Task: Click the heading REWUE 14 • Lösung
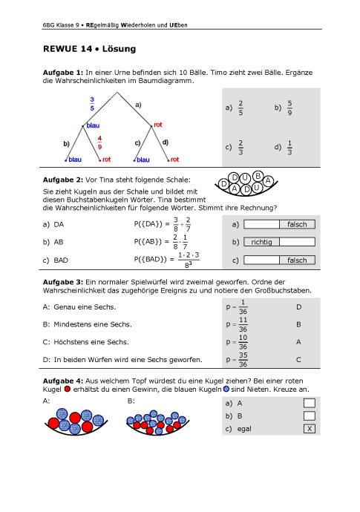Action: click(x=90, y=49)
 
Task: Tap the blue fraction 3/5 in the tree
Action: click(x=92, y=104)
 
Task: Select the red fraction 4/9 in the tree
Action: click(x=99, y=142)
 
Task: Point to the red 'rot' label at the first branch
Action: click(x=158, y=125)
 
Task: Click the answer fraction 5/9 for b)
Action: click(x=289, y=108)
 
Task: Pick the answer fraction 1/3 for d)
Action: click(x=289, y=147)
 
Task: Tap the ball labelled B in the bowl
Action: click(x=258, y=176)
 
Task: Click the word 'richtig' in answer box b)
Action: click(x=261, y=242)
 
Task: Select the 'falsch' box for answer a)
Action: click(x=297, y=224)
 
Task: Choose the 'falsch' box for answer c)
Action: click(x=297, y=260)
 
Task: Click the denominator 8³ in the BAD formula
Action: click(x=189, y=264)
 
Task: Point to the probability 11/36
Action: click(x=243, y=324)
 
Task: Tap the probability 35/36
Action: click(x=243, y=360)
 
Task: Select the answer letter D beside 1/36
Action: click(x=298, y=307)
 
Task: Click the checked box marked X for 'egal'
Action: click(x=310, y=429)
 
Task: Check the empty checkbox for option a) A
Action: click(x=310, y=403)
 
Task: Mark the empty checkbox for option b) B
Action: click(x=310, y=416)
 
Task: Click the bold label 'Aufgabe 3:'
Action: click(x=63, y=282)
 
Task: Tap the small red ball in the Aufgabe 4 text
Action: click(x=68, y=390)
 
